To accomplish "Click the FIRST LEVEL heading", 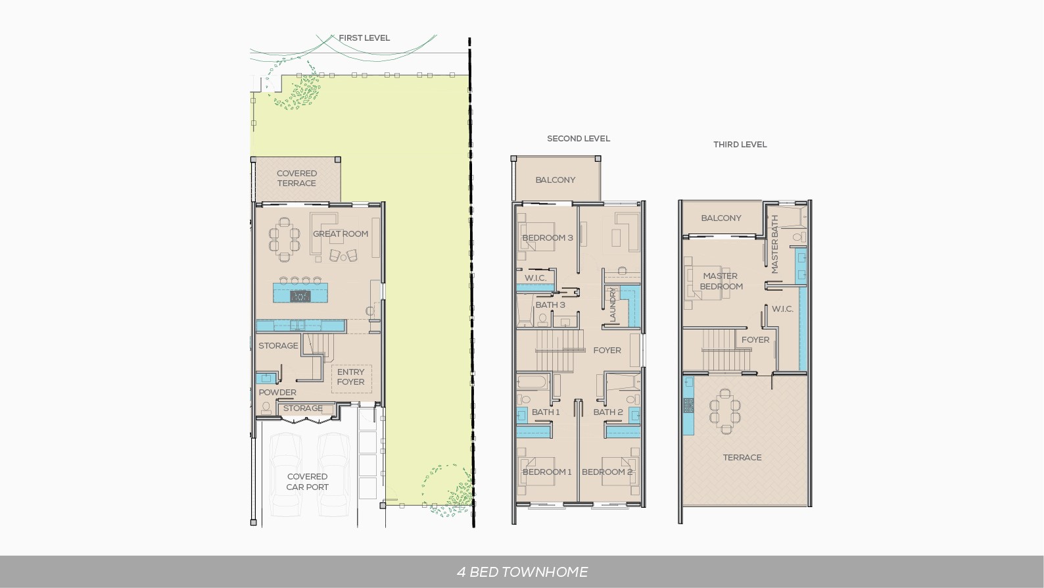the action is pos(364,37).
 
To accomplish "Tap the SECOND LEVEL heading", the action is pos(579,139).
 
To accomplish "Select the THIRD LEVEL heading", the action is pos(740,145).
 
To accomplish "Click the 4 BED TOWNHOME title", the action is pos(523,572).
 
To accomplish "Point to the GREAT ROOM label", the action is pos(341,233).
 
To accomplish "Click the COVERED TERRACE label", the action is pos(297,178).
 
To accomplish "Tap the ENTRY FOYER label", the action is pos(350,377).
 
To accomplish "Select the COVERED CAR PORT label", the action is pos(307,481).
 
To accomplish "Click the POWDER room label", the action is pos(277,392).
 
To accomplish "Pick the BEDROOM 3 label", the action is pos(548,238).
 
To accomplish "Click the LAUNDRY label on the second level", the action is pos(613,305).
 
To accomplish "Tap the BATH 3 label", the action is pos(550,305).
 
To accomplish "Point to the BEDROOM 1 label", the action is pos(547,472).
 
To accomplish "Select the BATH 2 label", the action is pos(607,412).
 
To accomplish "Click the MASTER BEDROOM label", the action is pos(721,282).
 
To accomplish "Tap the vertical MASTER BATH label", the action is pos(774,244).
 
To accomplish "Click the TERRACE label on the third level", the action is pos(742,457).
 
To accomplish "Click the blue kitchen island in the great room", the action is pos(300,293).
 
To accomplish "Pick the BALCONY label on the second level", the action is pos(555,180).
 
